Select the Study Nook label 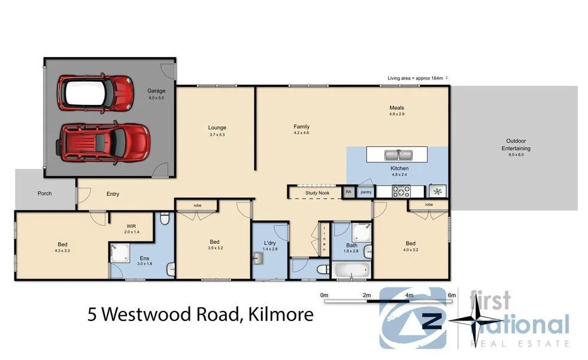click(x=317, y=193)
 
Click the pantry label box click(x=366, y=192)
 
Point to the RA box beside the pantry click(x=348, y=192)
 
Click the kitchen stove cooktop click(x=400, y=192)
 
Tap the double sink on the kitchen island click(x=399, y=155)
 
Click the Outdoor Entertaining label click(x=516, y=145)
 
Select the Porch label click(x=44, y=193)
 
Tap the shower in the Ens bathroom click(x=119, y=253)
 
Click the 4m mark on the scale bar click(x=409, y=295)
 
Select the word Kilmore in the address click(x=279, y=314)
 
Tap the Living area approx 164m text click(x=417, y=78)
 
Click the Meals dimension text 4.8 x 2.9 click(x=397, y=114)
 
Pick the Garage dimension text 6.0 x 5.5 click(x=156, y=98)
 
